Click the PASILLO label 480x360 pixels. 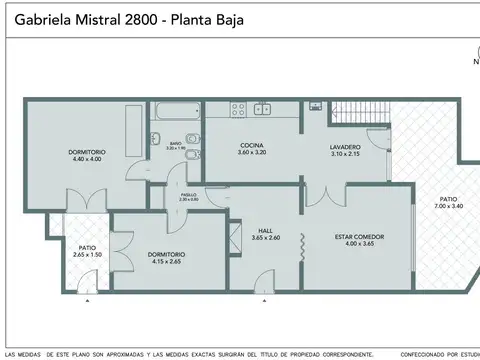point(188,194)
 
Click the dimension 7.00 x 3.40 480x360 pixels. point(450,206)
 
